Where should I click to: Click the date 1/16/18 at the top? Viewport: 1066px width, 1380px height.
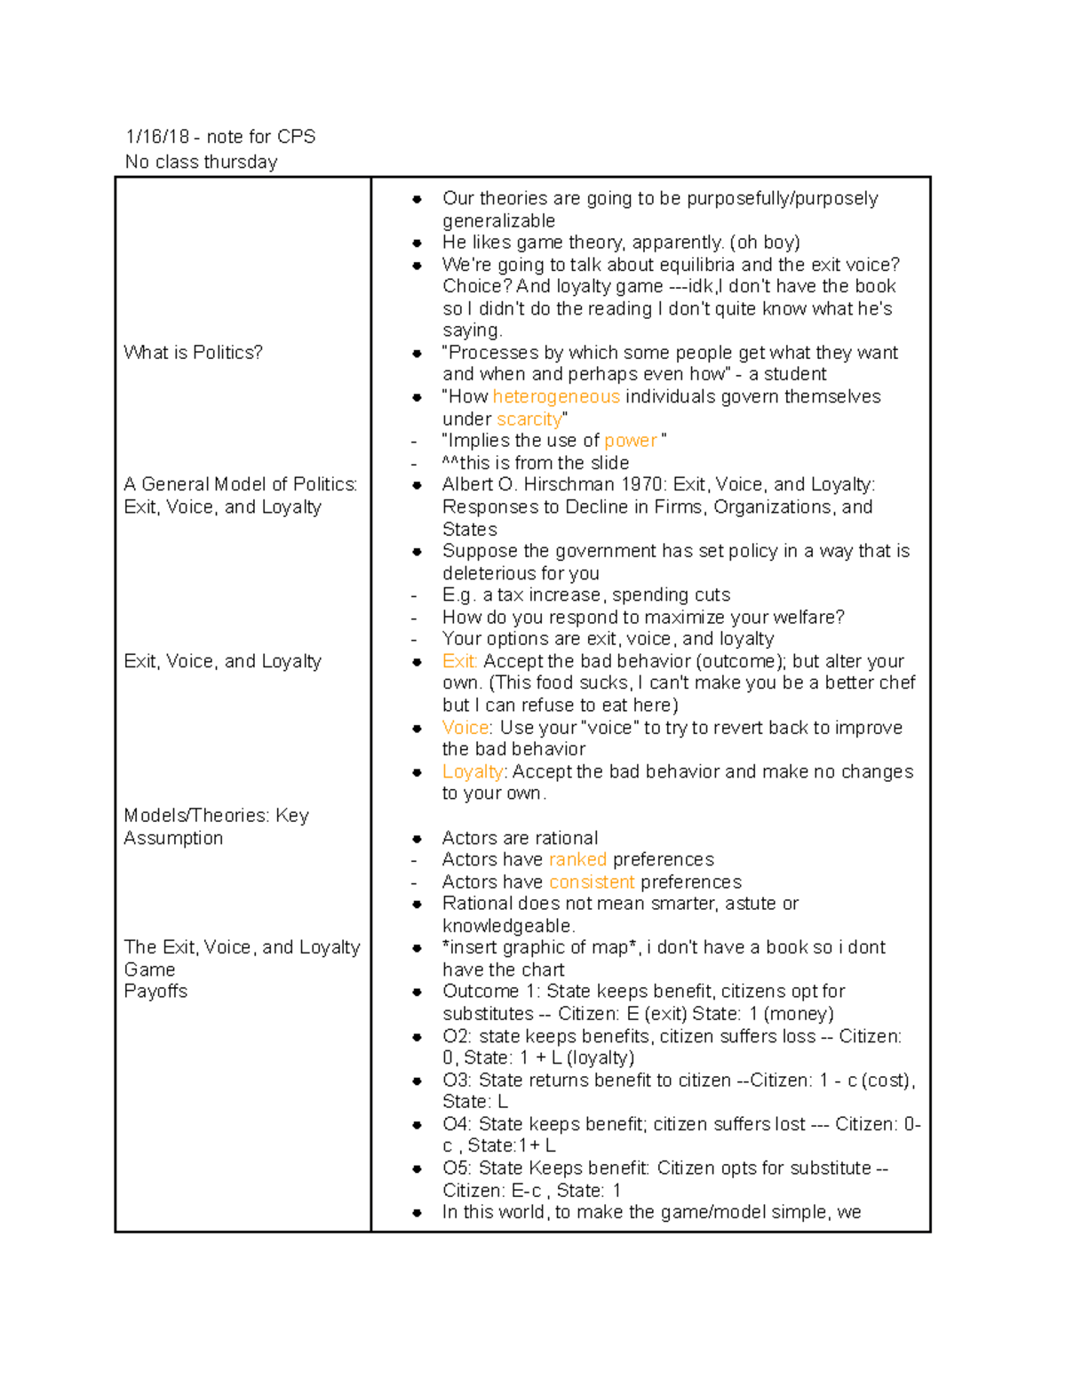pos(157,137)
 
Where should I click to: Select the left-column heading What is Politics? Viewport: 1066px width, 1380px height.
pos(193,353)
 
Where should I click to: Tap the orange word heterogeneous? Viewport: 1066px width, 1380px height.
pos(556,396)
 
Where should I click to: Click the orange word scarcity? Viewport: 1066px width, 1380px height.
pos(529,419)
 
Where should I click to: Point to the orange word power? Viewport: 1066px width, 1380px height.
pos(630,441)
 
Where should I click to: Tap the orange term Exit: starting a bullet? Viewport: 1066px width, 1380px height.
pos(459,661)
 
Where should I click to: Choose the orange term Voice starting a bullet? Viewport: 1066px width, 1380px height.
pos(465,728)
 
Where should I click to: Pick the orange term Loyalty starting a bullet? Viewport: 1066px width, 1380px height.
pos(473,771)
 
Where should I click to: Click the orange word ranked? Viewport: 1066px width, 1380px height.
pos(577,859)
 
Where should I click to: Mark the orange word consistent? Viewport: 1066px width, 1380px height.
pos(592,881)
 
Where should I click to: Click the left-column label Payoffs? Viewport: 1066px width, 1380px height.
pos(155,992)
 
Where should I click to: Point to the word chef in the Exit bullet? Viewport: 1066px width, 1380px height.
pos(895,682)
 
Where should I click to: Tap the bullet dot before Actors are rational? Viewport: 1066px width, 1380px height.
pos(417,839)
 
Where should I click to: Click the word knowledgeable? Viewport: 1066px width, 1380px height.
pos(507,926)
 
